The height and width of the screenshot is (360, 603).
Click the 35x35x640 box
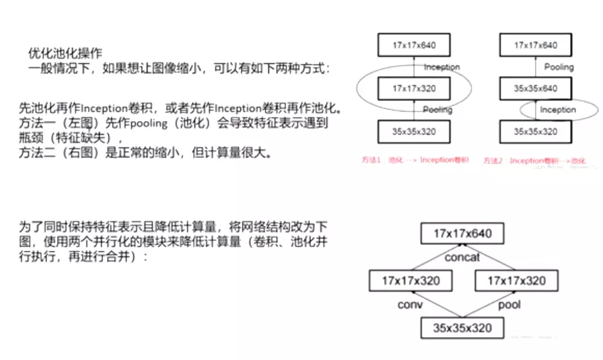point(536,88)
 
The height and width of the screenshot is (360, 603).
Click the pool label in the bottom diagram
point(509,304)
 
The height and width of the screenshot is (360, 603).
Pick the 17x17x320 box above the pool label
point(516,280)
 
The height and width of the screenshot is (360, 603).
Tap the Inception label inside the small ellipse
point(558,110)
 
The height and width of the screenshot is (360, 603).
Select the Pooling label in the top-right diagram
point(559,67)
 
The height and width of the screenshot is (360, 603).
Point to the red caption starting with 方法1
point(415,160)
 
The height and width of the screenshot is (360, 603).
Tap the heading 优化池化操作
point(65,52)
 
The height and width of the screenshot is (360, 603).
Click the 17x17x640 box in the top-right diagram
point(536,46)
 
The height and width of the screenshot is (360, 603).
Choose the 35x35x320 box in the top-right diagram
point(536,131)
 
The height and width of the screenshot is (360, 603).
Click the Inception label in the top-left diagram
point(441,67)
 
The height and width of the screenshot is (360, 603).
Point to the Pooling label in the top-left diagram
point(437,110)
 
